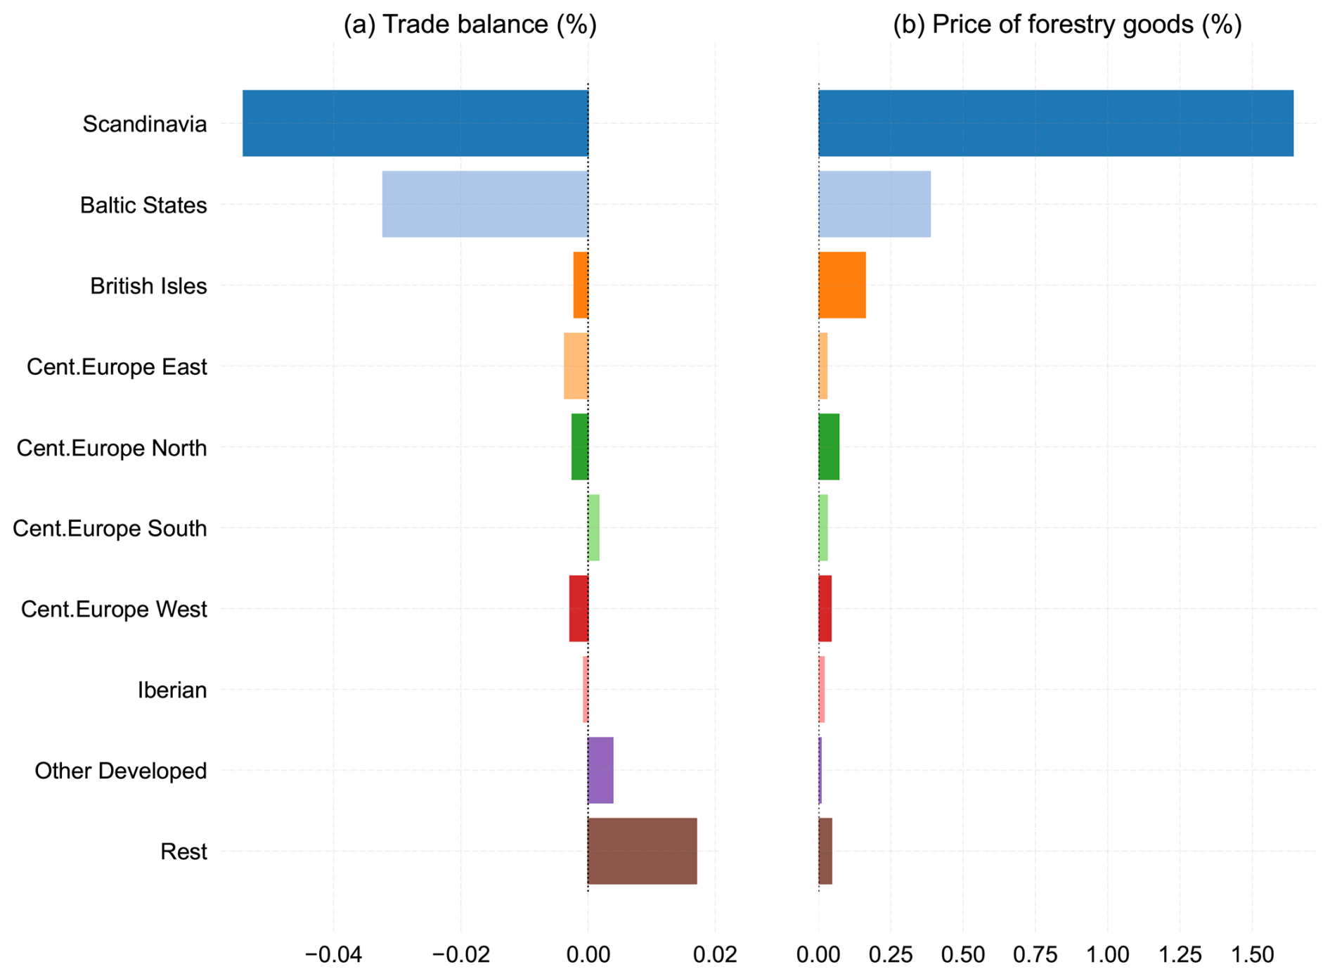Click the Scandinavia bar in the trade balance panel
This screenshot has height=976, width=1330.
tap(415, 123)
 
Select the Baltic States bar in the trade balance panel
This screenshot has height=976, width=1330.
tap(485, 204)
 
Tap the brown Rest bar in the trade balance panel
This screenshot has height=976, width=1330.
tap(642, 851)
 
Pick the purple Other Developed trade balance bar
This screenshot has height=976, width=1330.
tap(600, 770)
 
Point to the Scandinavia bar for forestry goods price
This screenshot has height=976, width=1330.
tap(1054, 123)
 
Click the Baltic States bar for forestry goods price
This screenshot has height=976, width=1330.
tap(874, 204)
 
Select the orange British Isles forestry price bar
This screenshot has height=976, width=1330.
tap(842, 285)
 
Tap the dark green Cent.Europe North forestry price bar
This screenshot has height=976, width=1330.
tap(829, 447)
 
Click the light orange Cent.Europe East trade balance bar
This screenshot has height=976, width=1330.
tap(576, 366)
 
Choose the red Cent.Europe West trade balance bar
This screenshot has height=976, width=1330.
tap(579, 608)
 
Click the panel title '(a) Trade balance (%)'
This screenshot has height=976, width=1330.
tap(470, 25)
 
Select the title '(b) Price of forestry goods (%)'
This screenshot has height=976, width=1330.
tap(1067, 25)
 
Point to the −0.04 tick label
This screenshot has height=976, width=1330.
tap(332, 955)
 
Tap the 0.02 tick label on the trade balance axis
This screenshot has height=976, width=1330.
tap(716, 955)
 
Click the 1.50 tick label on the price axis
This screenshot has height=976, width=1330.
tap(1253, 955)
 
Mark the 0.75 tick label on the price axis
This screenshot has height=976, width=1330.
tap(1035, 955)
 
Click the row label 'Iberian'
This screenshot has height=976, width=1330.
tap(172, 690)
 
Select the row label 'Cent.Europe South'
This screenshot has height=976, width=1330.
tap(110, 528)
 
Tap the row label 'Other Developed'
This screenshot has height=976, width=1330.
tap(121, 771)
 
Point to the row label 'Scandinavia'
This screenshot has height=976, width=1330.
tap(145, 124)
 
